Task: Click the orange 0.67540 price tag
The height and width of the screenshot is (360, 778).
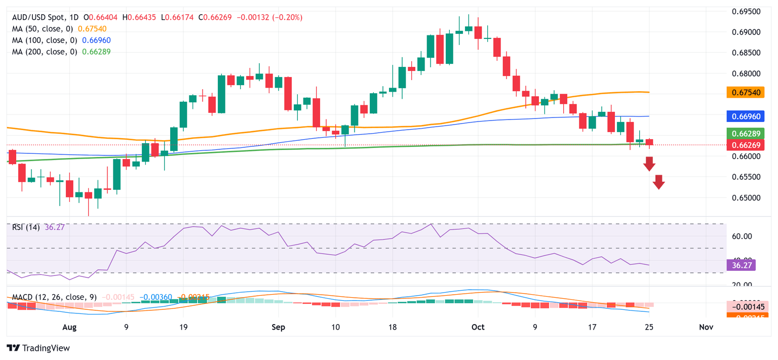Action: pos(749,92)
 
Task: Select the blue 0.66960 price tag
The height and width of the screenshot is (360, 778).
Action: pos(749,116)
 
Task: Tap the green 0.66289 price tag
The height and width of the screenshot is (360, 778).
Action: pos(749,134)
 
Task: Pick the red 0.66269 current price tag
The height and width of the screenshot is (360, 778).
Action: pos(749,145)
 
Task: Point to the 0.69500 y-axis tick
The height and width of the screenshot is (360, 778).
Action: pos(749,11)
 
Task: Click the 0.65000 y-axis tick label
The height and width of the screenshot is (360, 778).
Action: pos(749,197)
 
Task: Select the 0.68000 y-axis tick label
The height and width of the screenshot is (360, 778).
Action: pos(749,73)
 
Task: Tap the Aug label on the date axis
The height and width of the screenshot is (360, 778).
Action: pos(69,328)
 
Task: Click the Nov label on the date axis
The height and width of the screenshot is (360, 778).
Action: pos(706,328)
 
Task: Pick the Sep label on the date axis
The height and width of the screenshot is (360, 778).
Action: pos(278,328)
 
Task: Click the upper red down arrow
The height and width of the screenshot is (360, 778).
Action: pos(649,164)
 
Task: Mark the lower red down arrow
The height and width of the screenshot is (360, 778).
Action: pos(658,182)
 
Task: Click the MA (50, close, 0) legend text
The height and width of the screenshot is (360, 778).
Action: pos(45,29)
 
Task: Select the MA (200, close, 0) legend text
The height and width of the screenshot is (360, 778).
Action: pos(47,51)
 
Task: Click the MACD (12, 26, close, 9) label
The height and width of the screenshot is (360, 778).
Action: pos(54,296)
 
